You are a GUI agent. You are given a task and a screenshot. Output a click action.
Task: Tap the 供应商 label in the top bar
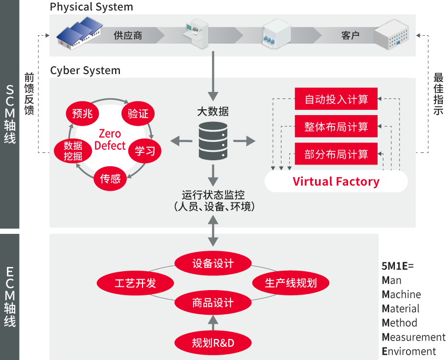coord(128,36)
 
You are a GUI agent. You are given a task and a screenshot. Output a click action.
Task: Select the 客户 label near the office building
coord(350,36)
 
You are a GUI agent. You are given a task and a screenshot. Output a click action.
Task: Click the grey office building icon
coord(392,35)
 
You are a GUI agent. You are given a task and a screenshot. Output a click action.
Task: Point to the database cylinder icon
coord(213,140)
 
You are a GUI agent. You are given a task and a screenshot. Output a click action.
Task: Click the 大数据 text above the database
coord(213,112)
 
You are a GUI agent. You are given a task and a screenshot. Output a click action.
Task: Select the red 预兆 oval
coord(83,114)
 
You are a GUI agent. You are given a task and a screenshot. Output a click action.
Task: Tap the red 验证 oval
coord(138,114)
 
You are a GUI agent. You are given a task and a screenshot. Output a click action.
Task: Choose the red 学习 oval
coord(145,151)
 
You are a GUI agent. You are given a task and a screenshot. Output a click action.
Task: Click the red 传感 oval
coord(110,179)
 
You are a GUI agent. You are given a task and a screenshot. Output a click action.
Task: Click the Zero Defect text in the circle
coord(110,139)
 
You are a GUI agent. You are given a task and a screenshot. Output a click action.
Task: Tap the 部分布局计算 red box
coord(336,155)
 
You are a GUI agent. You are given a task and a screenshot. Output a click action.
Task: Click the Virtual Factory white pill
coord(336,182)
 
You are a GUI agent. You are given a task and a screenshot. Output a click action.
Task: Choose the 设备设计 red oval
coord(212,263)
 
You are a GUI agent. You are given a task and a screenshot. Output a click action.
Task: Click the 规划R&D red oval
coord(212,343)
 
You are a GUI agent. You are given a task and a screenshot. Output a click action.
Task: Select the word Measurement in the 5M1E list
coord(413,337)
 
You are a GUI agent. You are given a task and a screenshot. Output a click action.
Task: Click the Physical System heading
coord(92,7)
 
